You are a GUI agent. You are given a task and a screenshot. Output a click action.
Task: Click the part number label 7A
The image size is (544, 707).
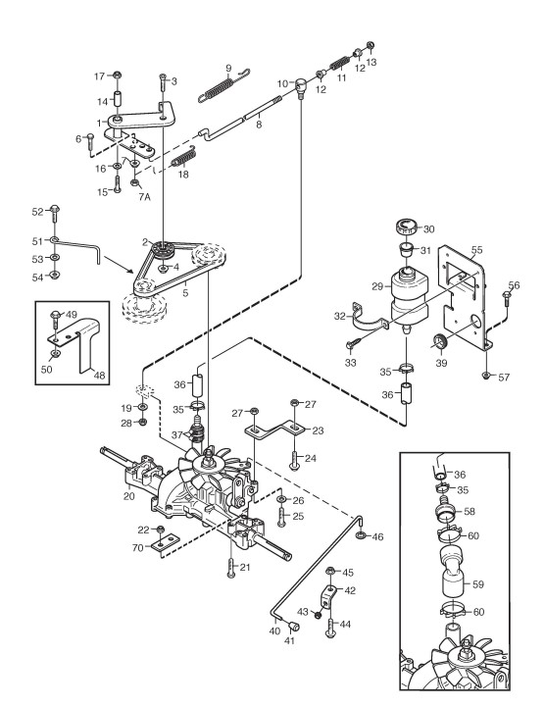point(144,196)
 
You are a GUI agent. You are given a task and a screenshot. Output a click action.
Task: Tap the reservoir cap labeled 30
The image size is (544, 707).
point(408,226)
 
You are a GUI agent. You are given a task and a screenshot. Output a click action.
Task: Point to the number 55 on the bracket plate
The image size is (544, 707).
point(476,250)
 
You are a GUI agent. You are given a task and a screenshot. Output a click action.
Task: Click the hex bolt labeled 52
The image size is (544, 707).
point(55,214)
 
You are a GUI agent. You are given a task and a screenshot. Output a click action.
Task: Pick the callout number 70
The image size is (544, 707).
point(138,548)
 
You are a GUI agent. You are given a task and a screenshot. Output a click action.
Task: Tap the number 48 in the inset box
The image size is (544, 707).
point(100,376)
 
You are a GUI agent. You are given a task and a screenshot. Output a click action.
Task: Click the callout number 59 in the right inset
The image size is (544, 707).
point(477,584)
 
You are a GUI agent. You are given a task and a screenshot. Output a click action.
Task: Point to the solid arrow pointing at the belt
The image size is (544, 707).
point(119,265)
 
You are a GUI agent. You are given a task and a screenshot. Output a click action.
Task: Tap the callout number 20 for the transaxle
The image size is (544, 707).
point(129,496)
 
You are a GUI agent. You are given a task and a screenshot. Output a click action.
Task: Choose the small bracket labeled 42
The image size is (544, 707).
point(328,596)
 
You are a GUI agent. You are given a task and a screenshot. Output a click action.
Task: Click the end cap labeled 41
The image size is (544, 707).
point(294,625)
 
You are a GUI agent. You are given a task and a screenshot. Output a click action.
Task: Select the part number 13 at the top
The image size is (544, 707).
point(371,62)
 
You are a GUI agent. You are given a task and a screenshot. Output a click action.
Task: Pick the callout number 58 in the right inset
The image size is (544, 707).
point(470,511)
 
